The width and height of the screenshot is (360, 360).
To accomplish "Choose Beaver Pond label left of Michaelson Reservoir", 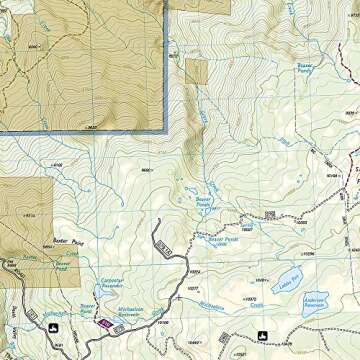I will (88, 307).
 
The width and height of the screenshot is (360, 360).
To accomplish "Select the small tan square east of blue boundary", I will (196, 72).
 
